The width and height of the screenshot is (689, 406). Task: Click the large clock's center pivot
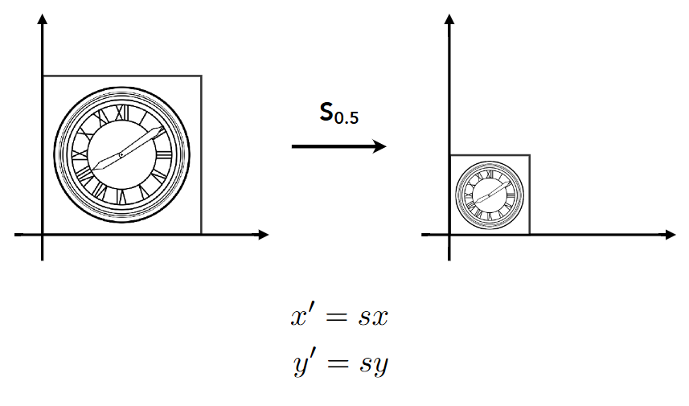tap(121, 154)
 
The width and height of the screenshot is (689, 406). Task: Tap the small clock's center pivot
tap(489, 195)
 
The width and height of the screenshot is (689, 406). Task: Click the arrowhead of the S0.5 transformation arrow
tap(379, 146)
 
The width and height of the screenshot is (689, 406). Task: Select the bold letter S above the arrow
tap(326, 112)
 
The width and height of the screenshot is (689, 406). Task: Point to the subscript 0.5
tap(347, 117)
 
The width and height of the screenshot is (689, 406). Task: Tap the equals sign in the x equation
tap(337, 318)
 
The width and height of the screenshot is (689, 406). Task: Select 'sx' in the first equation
tap(373, 318)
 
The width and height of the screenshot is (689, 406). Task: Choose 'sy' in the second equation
tap(374, 365)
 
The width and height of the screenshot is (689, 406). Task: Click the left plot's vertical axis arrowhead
tap(42, 19)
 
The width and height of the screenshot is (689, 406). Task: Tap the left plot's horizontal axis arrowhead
tap(263, 235)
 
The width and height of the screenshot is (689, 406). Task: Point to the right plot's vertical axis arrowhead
tap(449, 19)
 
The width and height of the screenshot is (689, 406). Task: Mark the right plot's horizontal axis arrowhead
tap(670, 235)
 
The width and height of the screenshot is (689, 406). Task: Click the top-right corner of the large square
tap(201, 76)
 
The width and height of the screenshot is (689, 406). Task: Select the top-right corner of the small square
tap(530, 155)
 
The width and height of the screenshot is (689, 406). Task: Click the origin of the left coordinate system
tap(42, 235)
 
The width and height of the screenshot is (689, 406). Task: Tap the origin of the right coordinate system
tap(449, 235)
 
